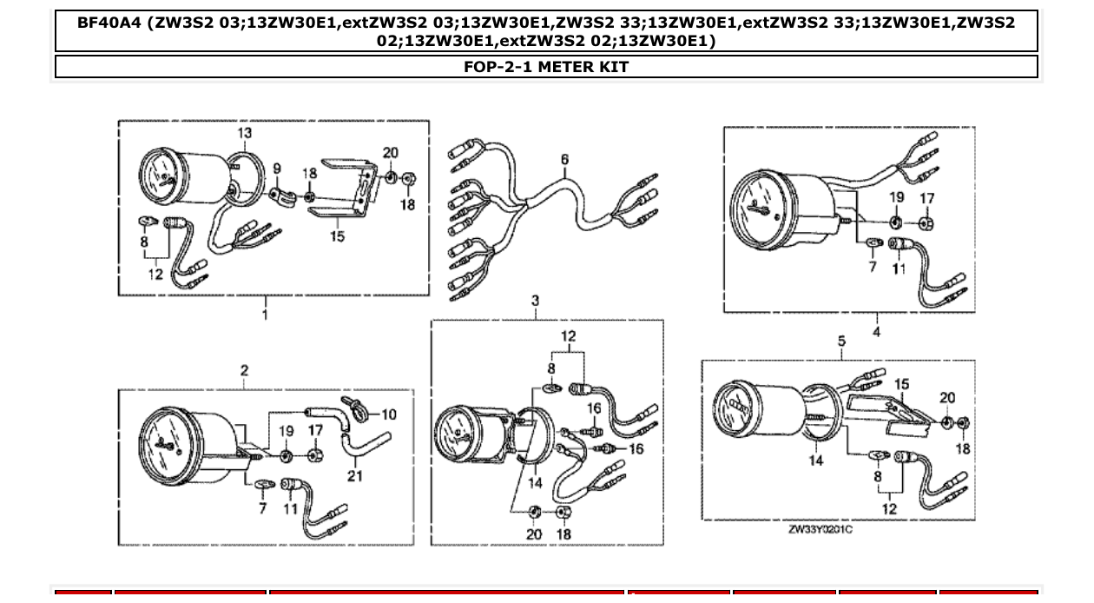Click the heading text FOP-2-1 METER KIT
pos(546,67)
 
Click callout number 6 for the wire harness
pos(564,160)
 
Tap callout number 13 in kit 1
pos(245,133)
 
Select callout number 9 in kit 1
pos(276,169)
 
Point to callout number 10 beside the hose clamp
pos(388,414)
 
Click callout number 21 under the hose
pos(355,475)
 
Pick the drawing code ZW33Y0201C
pos(820,529)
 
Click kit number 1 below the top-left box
pos(266,315)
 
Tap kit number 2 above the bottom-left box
pos(244,371)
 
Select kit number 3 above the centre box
pos(535,301)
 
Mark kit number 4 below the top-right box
pos(876,331)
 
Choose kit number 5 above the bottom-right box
pos(840,341)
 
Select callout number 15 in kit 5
pos(902,385)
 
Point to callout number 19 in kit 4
pos(897,197)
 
